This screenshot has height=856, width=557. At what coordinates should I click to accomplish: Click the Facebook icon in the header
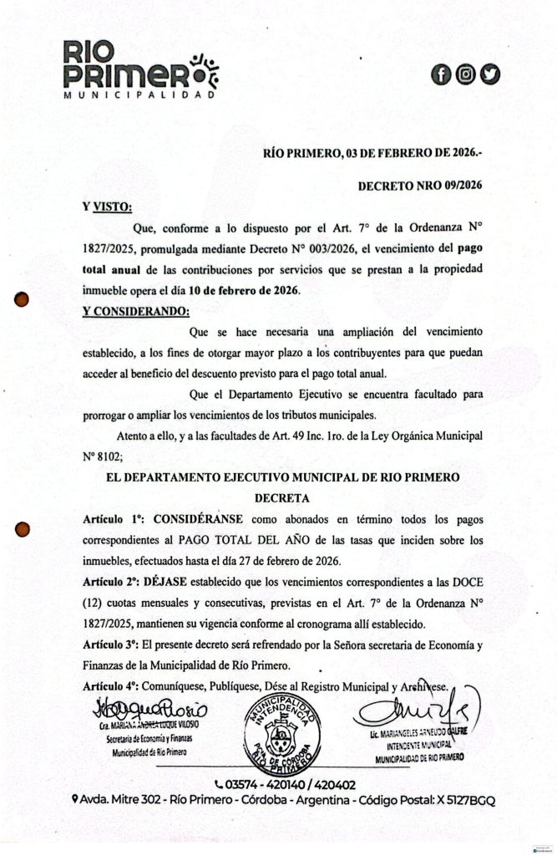443,74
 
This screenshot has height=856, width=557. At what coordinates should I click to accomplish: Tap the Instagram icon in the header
467,74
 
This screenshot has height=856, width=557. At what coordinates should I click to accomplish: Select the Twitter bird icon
491,74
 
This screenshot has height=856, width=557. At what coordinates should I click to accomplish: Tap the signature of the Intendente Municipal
418,713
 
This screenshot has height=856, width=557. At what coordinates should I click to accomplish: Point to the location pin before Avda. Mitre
76,800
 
